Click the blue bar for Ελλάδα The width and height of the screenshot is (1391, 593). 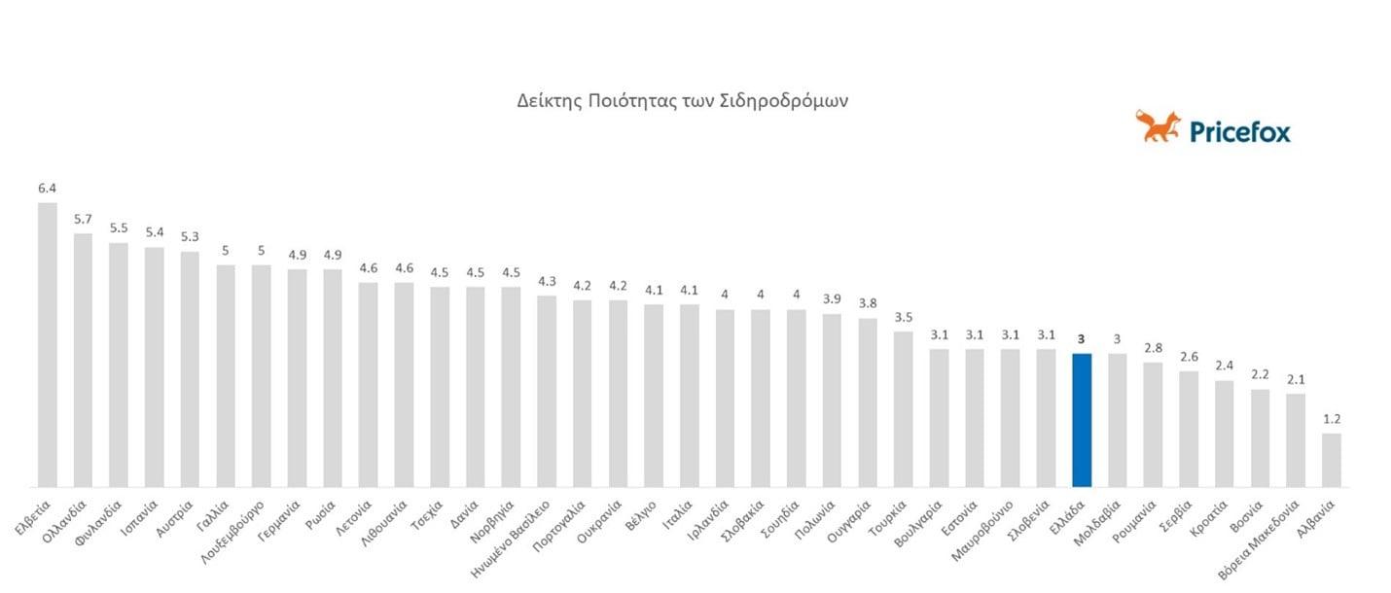[1082, 420]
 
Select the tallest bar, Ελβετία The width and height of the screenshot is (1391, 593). [48, 345]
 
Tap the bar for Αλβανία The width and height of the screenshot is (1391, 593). [1332, 460]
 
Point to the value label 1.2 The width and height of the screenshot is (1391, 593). [1332, 419]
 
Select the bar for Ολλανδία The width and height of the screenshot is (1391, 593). [84, 360]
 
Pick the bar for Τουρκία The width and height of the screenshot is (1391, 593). [904, 409]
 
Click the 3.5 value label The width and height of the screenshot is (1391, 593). [904, 317]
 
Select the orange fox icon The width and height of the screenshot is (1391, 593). [1158, 126]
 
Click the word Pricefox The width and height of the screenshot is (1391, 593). [1239, 131]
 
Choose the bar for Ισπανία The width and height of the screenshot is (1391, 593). [155, 366]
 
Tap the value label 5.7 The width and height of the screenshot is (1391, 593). [84, 219]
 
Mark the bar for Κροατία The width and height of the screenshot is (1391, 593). [1225, 434]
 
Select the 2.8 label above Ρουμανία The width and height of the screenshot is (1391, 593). [1153, 348]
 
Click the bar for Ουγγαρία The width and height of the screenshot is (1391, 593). [868, 402]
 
